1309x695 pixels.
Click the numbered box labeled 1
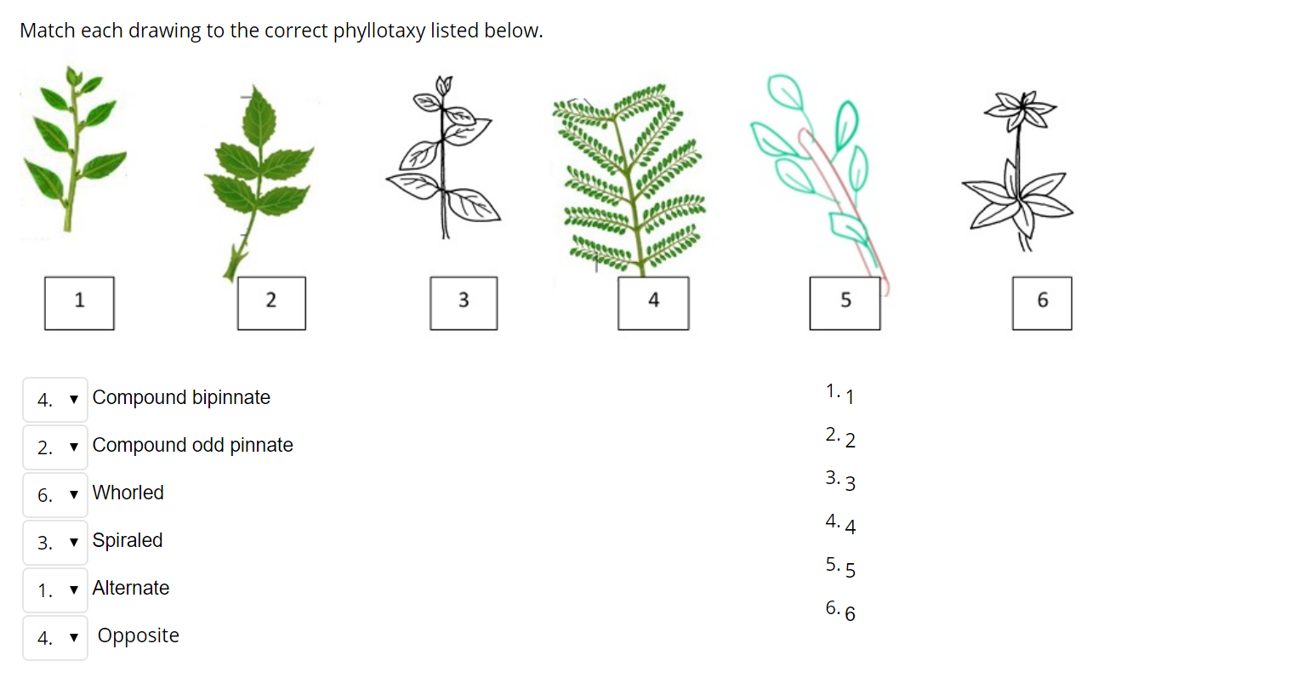click(79, 303)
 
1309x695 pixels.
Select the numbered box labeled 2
click(271, 303)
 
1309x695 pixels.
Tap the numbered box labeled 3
click(464, 303)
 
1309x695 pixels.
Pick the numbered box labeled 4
click(653, 303)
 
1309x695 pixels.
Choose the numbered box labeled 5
click(845, 303)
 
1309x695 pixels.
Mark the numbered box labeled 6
click(1042, 303)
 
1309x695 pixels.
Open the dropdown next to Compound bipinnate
click(55, 400)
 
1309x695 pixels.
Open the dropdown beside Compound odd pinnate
click(55, 447)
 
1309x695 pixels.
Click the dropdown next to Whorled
click(55, 495)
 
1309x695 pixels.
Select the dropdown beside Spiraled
click(55, 543)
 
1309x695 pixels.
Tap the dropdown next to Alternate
click(55, 590)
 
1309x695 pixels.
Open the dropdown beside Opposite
click(55, 638)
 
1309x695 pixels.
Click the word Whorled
click(128, 493)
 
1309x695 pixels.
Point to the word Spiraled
click(127, 541)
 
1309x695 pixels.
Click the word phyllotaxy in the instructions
click(378, 31)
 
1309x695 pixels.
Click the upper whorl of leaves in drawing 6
click(1021, 109)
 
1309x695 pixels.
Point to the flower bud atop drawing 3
click(443, 84)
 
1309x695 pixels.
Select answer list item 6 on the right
click(840, 611)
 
